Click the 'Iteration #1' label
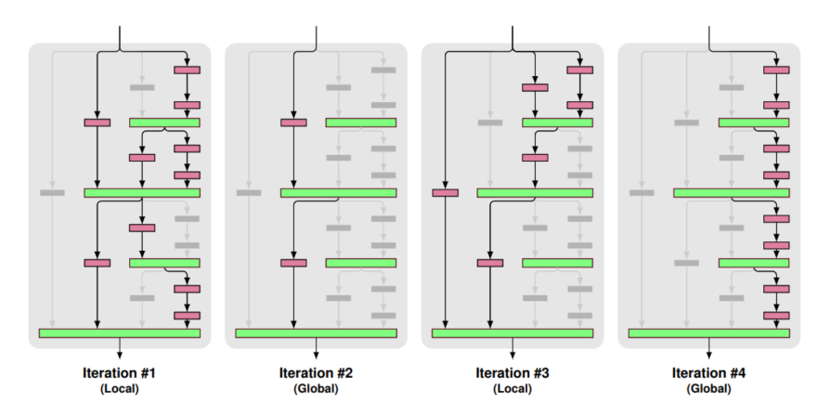119,374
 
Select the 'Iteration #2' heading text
316,374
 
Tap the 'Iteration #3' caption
512,374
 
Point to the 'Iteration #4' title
709,374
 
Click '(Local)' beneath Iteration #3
512,389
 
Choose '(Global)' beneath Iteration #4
709,389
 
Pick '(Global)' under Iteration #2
316,389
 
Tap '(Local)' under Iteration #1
119,389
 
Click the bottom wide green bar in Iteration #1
119,332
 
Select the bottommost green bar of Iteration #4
709,332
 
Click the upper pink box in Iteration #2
293,123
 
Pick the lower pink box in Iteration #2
293,263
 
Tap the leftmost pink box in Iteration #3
446,193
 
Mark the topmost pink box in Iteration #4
776,70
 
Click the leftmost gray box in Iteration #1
52,193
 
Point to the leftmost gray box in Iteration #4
642,193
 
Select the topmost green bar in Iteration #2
361,123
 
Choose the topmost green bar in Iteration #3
557,123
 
